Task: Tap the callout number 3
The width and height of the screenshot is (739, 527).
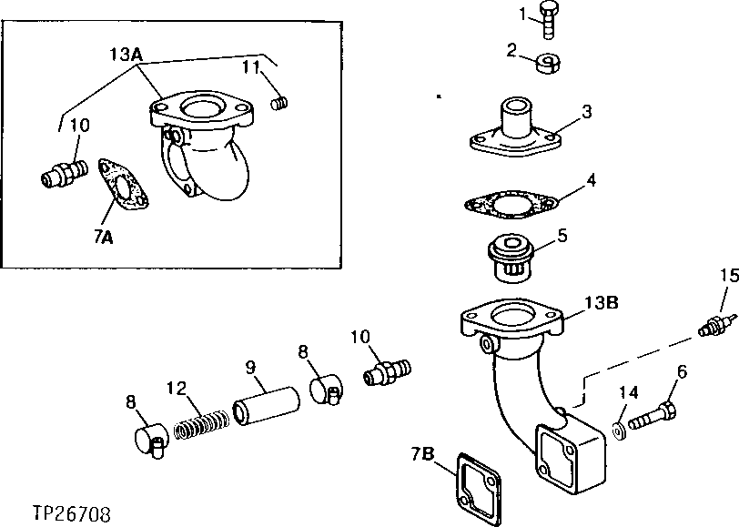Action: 588,112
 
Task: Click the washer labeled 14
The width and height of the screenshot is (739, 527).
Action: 620,429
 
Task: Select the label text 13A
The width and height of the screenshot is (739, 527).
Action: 125,54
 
